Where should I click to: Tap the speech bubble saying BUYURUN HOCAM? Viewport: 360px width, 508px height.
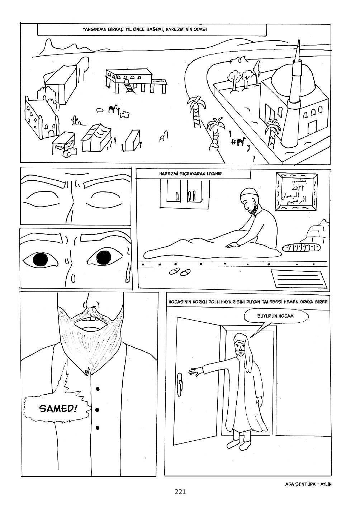(x=275, y=316)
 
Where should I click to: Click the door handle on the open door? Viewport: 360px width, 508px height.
(x=180, y=382)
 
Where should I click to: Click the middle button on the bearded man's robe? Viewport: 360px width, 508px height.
(x=98, y=409)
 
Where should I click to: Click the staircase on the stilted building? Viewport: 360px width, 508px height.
(x=128, y=86)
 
